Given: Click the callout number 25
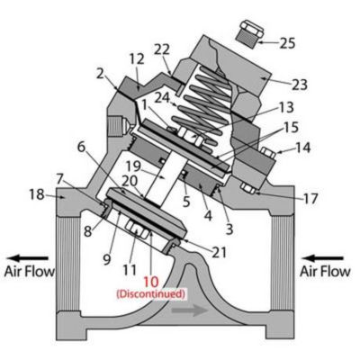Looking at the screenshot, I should coord(286,41).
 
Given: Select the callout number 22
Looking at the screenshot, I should coord(162,49).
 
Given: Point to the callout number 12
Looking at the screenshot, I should coord(137,58).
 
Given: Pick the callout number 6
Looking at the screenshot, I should coord(80,147).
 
